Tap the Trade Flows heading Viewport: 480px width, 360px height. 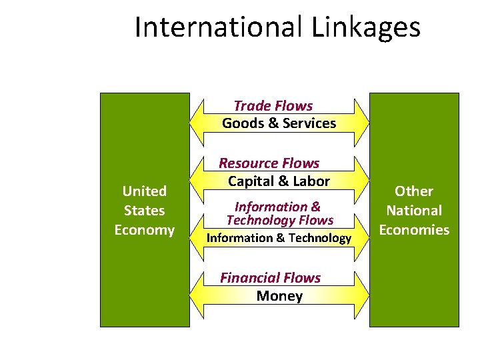coord(273,105)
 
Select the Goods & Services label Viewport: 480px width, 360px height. coord(279,123)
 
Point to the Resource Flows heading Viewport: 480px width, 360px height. coord(269,163)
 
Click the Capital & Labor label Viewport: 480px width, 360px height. coord(279,181)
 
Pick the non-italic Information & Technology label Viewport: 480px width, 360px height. coord(279,238)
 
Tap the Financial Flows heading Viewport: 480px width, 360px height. coord(270,278)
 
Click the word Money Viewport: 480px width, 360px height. coord(279,296)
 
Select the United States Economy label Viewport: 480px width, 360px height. coord(145,211)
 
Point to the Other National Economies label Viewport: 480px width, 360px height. coord(414,211)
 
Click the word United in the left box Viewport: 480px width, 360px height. coord(145,191)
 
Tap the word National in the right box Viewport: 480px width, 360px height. coord(414,211)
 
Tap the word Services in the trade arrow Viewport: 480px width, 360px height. coord(309,123)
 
